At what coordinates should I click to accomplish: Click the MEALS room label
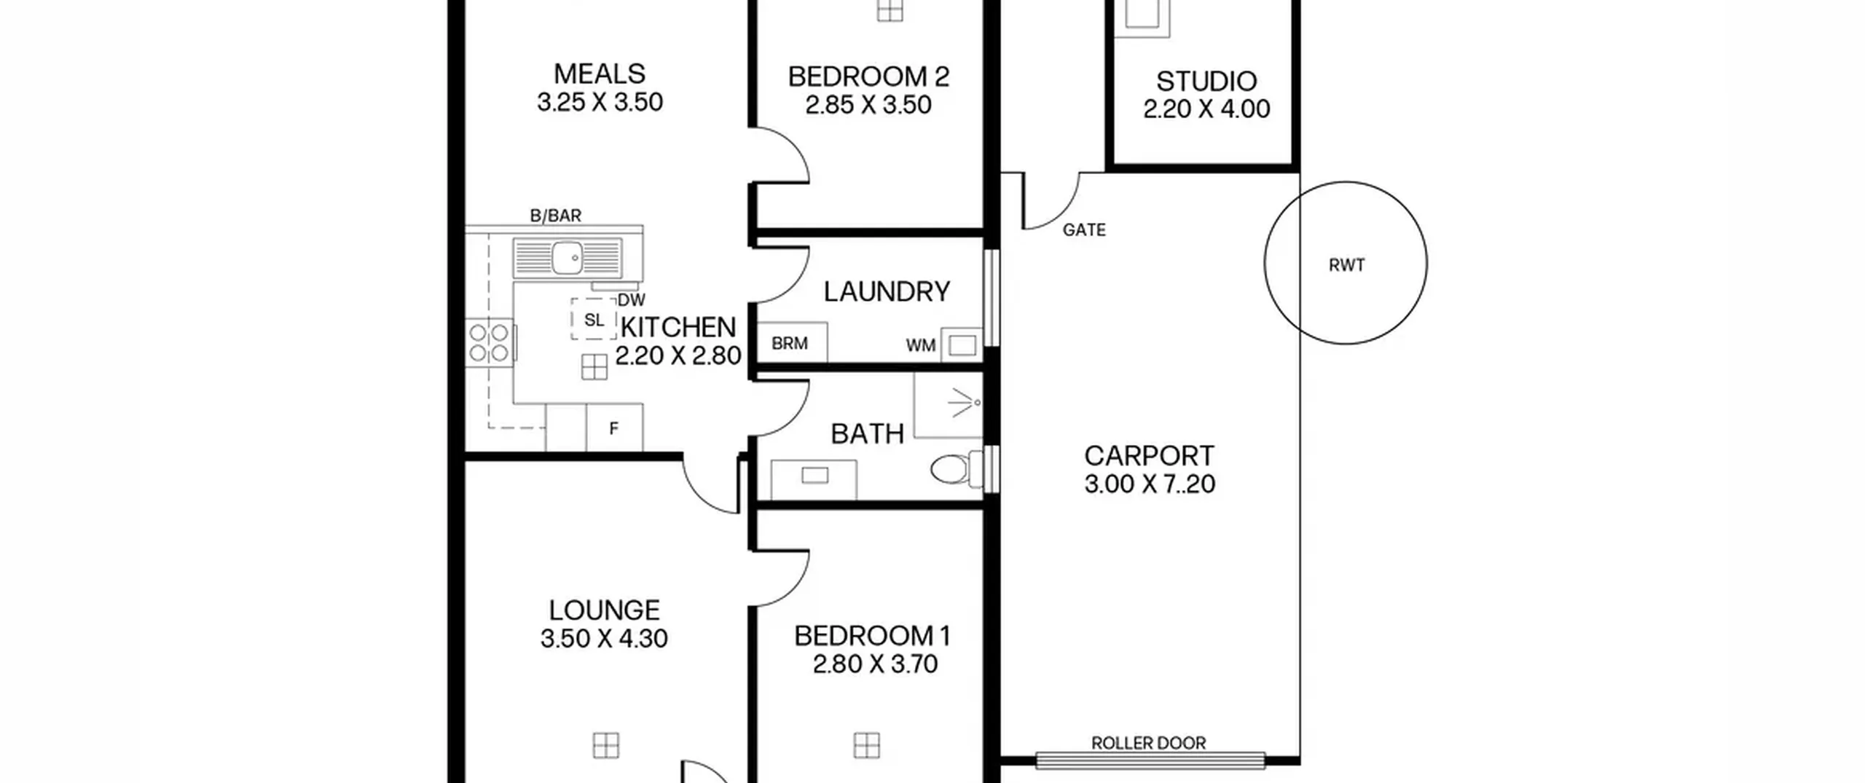pos(600,74)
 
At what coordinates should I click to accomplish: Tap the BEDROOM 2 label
pos(868,76)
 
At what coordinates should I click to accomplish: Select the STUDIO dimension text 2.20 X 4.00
pos(1206,109)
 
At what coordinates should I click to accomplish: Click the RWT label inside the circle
pos(1346,265)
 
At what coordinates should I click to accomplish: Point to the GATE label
pos(1084,230)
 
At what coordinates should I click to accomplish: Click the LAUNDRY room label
pos(887,292)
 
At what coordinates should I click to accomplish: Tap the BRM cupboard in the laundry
pos(792,342)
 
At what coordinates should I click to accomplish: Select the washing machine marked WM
pos(962,345)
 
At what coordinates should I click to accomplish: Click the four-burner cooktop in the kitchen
pos(490,343)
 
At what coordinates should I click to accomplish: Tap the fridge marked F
pos(614,428)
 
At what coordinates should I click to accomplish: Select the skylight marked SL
pos(594,319)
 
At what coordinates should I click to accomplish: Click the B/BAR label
pos(555,216)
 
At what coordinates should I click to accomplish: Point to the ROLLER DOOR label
pos(1148,743)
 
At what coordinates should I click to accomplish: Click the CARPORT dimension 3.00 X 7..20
pos(1150,484)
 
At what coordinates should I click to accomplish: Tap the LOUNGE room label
pos(604,610)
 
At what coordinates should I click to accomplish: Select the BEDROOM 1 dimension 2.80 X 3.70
pos(874,664)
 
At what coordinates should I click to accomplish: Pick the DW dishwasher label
pos(631,300)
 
